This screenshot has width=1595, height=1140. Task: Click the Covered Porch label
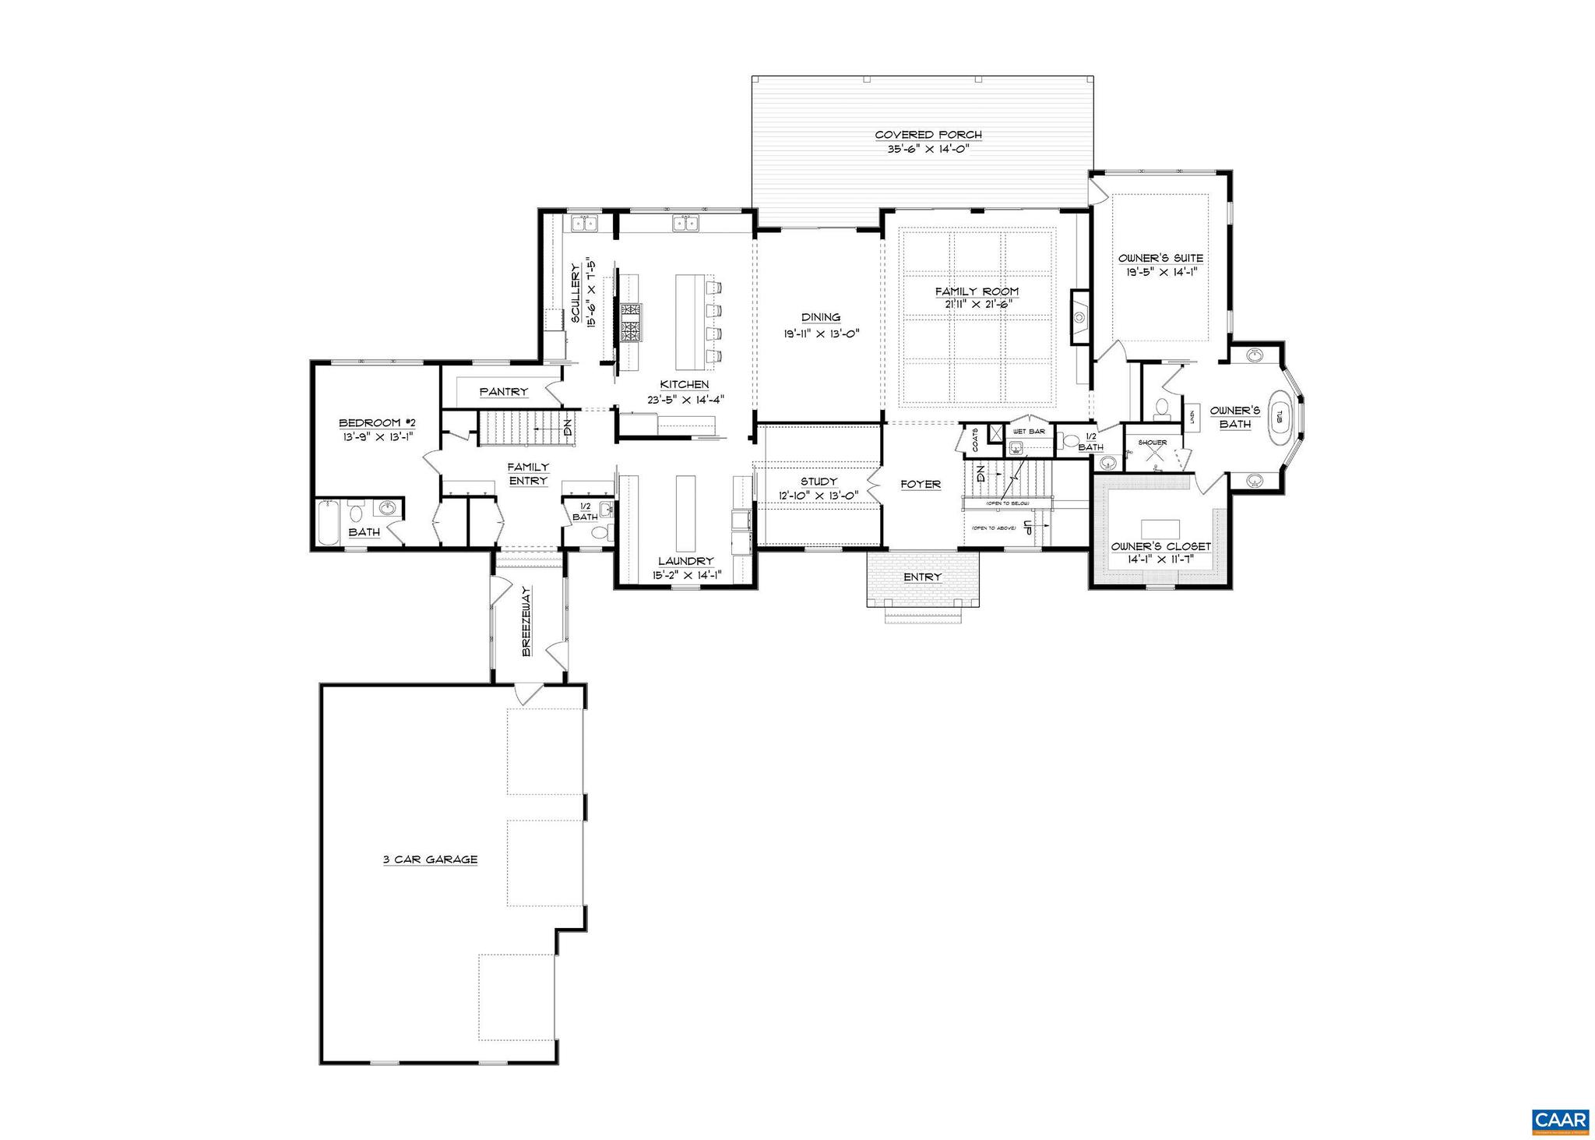pyautogui.click(x=928, y=135)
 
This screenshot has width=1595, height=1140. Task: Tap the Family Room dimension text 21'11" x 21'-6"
pyautogui.click(x=977, y=305)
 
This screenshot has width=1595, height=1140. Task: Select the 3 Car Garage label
pyautogui.click(x=430, y=859)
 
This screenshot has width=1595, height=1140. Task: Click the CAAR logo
pyautogui.click(x=1560, y=1121)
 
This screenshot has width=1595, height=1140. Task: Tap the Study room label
pyautogui.click(x=818, y=482)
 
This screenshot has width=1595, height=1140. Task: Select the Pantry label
pyautogui.click(x=504, y=392)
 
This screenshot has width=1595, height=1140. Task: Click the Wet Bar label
pyautogui.click(x=1029, y=432)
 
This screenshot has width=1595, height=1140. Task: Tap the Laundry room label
pyautogui.click(x=685, y=561)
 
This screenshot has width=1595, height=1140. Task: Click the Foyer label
pyautogui.click(x=921, y=484)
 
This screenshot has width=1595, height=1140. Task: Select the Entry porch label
pyautogui.click(x=923, y=577)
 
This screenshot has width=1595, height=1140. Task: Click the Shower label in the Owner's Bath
pyautogui.click(x=1152, y=443)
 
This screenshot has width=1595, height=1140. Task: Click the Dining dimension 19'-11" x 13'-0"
pyautogui.click(x=821, y=332)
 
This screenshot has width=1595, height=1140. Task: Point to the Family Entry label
pyautogui.click(x=528, y=474)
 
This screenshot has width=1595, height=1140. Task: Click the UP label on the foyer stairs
pyautogui.click(x=1027, y=527)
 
